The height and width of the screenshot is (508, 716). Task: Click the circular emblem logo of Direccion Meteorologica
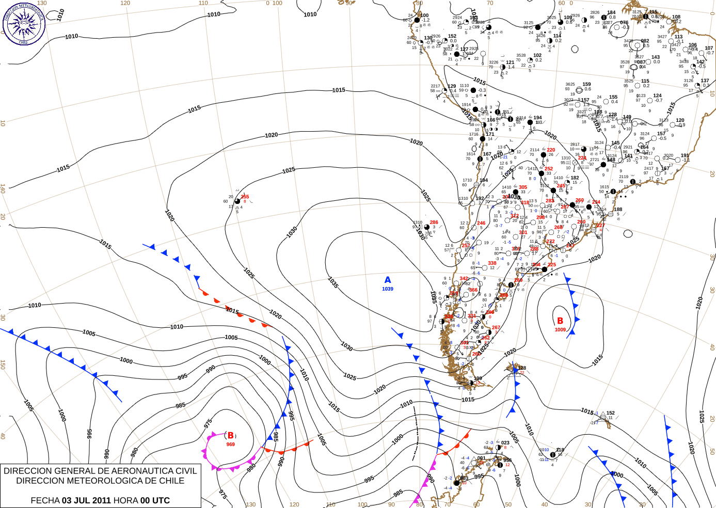(x=24, y=23)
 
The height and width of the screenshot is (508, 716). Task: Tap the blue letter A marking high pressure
(x=388, y=280)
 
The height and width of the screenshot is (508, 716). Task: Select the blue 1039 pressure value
(x=388, y=289)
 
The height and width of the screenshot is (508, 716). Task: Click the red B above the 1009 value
(x=560, y=321)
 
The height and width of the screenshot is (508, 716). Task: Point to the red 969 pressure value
(x=230, y=444)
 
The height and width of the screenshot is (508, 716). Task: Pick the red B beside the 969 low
(x=231, y=436)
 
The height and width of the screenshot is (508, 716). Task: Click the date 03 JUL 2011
(x=86, y=500)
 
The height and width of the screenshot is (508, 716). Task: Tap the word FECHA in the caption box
(x=45, y=500)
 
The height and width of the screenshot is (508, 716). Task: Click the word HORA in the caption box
(x=125, y=500)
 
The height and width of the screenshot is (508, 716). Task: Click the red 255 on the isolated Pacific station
(x=245, y=197)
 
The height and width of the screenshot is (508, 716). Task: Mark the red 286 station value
(x=434, y=223)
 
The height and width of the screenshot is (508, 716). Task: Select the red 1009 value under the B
(x=560, y=330)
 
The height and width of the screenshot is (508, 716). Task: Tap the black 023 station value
(x=505, y=442)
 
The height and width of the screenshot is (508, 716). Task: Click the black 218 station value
(x=560, y=450)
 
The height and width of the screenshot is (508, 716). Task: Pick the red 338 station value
(x=492, y=263)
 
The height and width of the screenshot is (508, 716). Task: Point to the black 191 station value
(x=685, y=155)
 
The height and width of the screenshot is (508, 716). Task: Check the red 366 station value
(x=473, y=290)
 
